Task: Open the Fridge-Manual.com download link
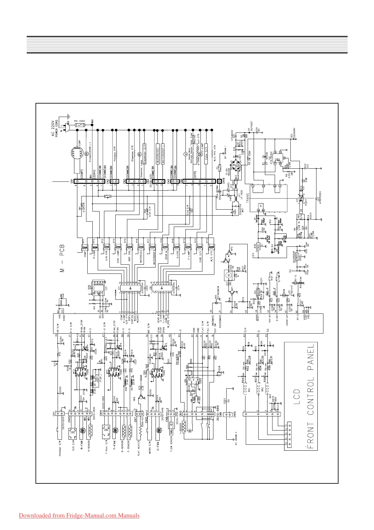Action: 79,516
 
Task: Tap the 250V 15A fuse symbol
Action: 81,125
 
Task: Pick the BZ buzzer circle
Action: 228,275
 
